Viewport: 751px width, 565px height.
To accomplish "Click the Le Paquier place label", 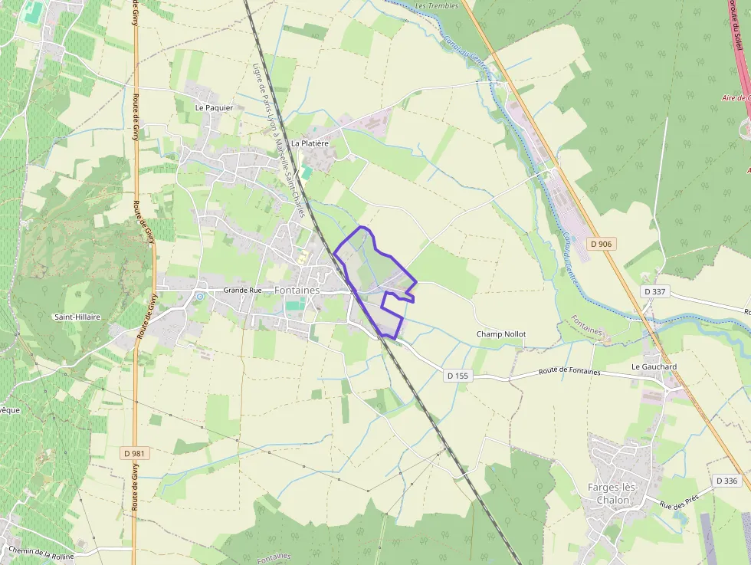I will [x=214, y=108].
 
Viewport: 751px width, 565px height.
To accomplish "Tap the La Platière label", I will [x=310, y=143].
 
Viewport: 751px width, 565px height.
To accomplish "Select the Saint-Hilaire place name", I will [x=77, y=317].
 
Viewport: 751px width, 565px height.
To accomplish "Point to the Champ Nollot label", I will [x=501, y=334].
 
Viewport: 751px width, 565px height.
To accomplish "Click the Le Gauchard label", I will [x=654, y=367].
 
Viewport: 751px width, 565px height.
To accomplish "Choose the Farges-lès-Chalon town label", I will [x=618, y=494].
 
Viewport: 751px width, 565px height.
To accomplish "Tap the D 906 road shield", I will [x=602, y=244].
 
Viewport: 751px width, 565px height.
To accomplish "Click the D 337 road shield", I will [x=655, y=291].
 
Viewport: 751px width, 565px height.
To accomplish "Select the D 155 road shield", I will [x=457, y=376].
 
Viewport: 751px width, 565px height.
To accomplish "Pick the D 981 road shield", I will [x=135, y=453].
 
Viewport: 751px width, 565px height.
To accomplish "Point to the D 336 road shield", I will [x=727, y=481].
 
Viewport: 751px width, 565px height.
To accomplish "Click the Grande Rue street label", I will [x=242, y=291].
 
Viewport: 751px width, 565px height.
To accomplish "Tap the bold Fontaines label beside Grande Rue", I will [x=297, y=291].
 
